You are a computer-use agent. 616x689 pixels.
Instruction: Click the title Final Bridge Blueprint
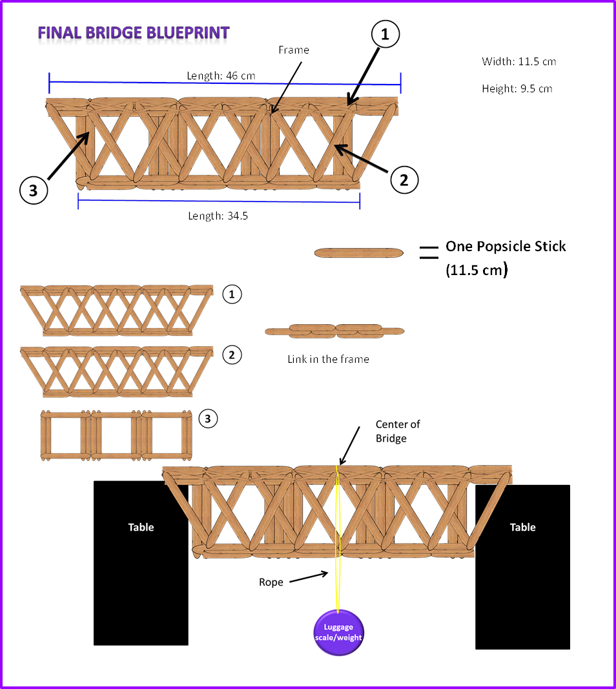tap(133, 33)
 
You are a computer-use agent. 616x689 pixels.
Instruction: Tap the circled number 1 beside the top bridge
tap(385, 36)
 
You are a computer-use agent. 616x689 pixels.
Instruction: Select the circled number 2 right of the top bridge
tap(404, 180)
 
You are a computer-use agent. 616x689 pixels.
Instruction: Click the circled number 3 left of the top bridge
tap(34, 190)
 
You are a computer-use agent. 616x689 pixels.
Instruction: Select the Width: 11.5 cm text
tap(518, 61)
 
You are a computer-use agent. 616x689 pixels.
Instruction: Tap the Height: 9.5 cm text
tap(517, 88)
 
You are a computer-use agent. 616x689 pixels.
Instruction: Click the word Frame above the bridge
tap(294, 50)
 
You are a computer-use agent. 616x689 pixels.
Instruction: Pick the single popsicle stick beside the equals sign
tap(358, 252)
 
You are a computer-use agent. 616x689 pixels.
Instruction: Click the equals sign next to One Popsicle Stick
tap(428, 252)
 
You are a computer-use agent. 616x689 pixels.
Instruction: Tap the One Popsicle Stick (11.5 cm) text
tap(505, 258)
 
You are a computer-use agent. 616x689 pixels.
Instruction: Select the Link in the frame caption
tap(328, 359)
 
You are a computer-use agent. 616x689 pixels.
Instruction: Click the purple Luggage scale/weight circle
tap(338, 632)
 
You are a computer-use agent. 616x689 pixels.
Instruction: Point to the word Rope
tap(271, 582)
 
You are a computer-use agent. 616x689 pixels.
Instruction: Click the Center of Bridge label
tap(397, 431)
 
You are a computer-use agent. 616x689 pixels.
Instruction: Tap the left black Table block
tap(141, 562)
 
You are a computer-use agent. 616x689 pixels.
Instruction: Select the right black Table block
tap(522, 566)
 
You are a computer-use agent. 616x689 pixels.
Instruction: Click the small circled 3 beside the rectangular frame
tap(207, 418)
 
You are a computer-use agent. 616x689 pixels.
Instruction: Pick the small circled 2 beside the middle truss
tap(232, 355)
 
